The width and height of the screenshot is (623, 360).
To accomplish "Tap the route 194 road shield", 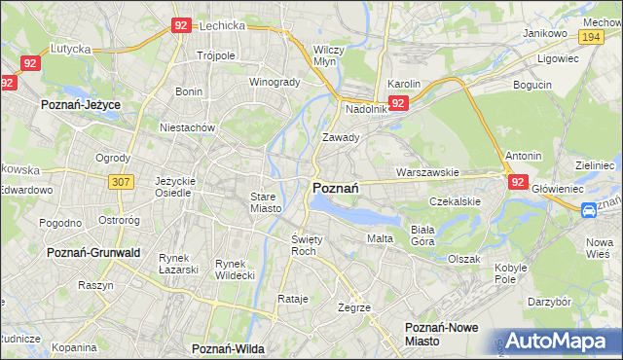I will (588, 36).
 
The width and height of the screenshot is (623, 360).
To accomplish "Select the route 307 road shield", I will (121, 181).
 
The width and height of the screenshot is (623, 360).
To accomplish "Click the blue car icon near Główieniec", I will (589, 210).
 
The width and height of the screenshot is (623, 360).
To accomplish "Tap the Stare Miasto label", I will (264, 201).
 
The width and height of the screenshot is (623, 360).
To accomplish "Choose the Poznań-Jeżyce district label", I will (80, 101).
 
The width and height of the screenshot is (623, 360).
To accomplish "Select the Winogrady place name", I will (275, 82).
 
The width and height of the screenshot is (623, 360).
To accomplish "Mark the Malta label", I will (380, 238).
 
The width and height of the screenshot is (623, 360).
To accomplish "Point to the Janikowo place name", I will (545, 32).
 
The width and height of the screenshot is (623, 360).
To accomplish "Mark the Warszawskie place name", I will (427, 172).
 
